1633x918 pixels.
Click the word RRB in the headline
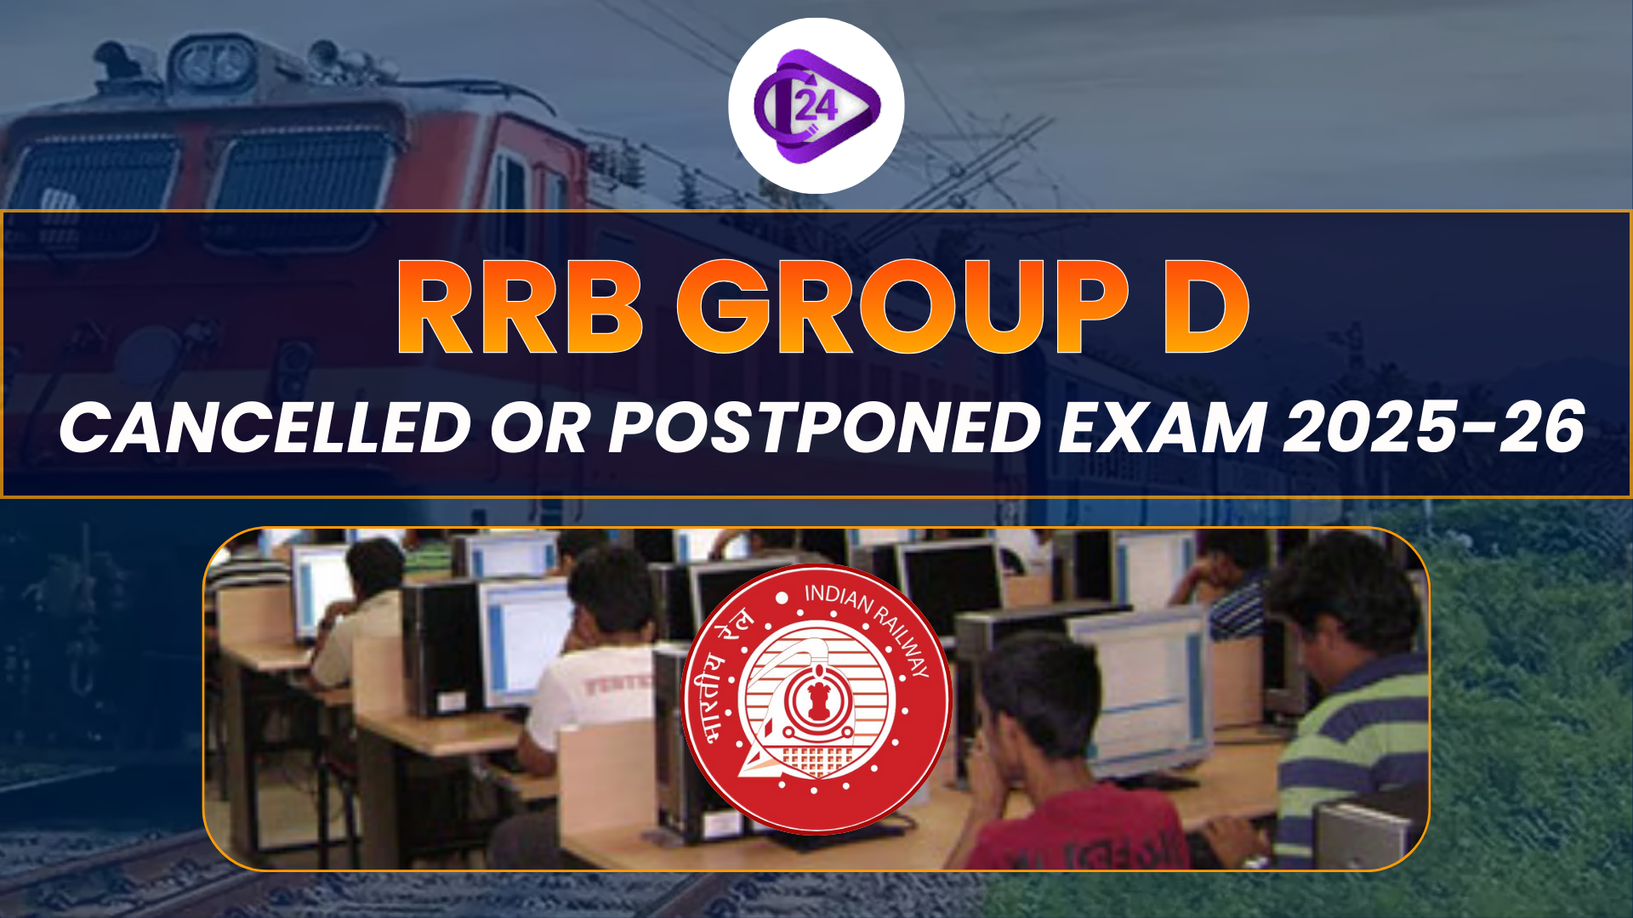click(519, 308)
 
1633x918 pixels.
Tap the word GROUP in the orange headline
click(903, 308)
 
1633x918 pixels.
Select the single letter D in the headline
click(1206, 308)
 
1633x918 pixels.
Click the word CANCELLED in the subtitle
click(265, 427)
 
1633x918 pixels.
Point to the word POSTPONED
click(825, 427)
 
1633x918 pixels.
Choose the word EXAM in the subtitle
click(1162, 427)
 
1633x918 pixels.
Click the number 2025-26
click(1434, 427)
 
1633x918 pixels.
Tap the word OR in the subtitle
click(539, 427)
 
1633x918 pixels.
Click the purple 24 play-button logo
click(816, 105)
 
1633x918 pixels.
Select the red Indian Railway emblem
click(816, 699)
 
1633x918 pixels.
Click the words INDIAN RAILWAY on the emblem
click(868, 620)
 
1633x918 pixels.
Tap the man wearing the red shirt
click(1063, 765)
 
